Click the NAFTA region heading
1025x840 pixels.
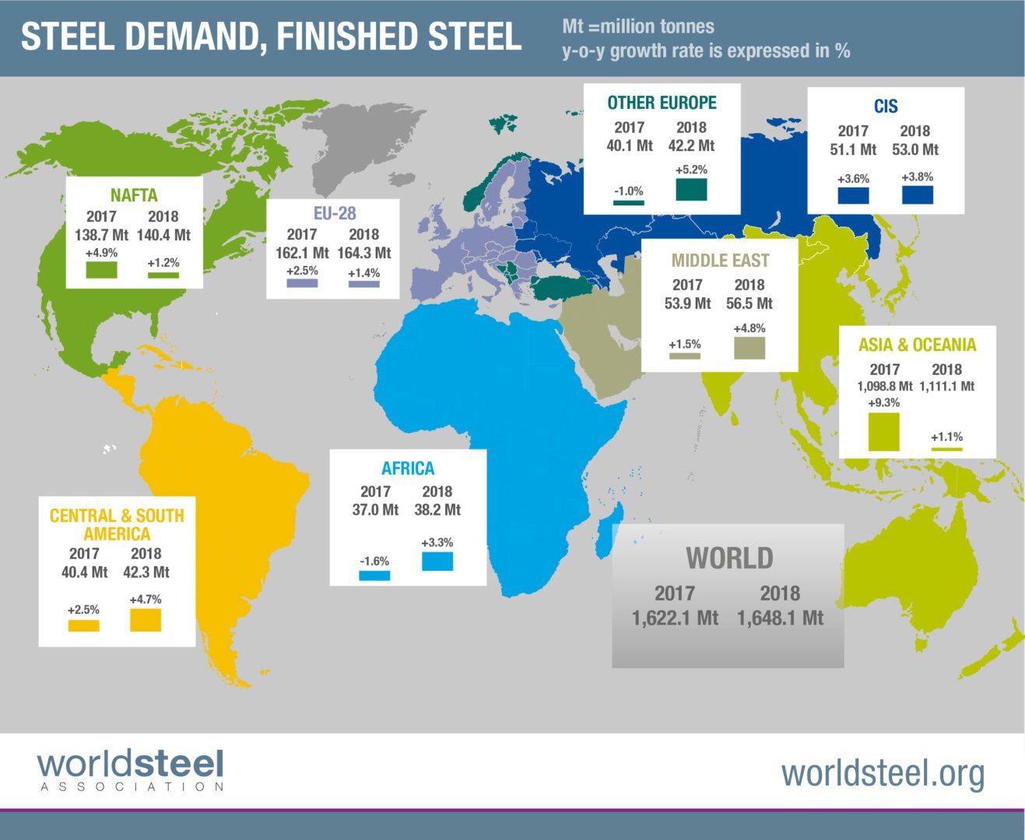[x=134, y=195]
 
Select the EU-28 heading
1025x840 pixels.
[x=335, y=213]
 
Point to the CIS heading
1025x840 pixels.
[x=886, y=107]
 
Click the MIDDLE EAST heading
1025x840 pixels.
[x=720, y=261]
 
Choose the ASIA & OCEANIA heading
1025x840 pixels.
[x=917, y=345]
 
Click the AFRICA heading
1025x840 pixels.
[x=408, y=468]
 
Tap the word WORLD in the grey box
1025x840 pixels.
[x=729, y=558]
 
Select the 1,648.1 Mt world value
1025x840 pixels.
[x=780, y=618]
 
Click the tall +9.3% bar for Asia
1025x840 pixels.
[x=883, y=432]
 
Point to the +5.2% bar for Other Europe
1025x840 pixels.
[x=691, y=189]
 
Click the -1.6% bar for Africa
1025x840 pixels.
[x=374, y=576]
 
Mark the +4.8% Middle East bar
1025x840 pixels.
[x=749, y=348]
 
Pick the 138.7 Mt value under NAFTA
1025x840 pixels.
[x=101, y=235]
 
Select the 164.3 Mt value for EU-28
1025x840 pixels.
[x=363, y=253]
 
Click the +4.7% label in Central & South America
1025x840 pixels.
[x=146, y=600]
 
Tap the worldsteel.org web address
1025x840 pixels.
[x=883, y=773]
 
